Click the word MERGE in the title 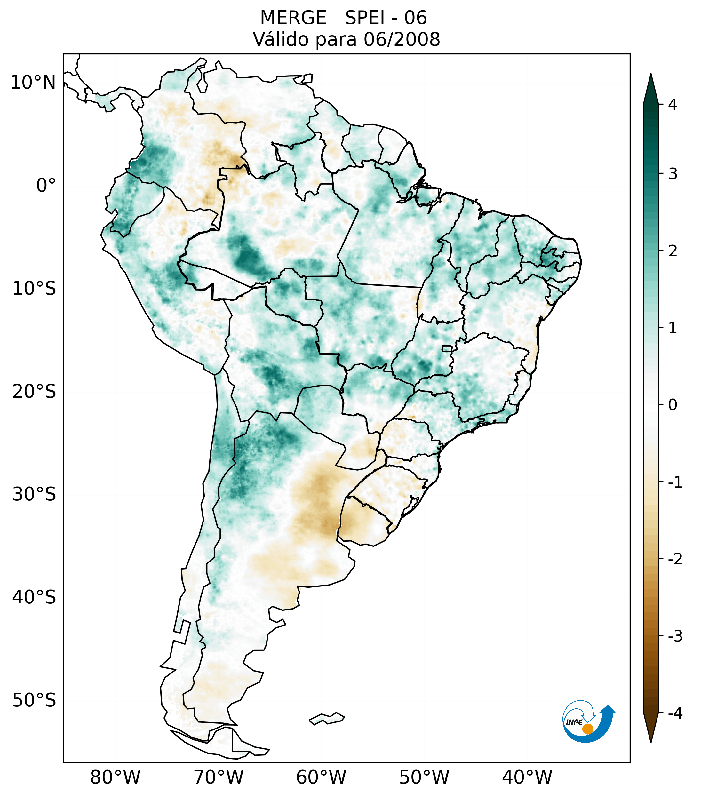tap(293, 18)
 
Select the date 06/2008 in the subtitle tap(402, 39)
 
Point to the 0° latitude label tap(46, 186)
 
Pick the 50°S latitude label tap(34, 701)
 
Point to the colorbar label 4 tap(673, 105)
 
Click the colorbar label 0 tap(673, 405)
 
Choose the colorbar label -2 tap(675, 560)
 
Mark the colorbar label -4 tap(675, 713)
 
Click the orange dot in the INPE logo tap(587, 729)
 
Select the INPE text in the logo tap(574, 722)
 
